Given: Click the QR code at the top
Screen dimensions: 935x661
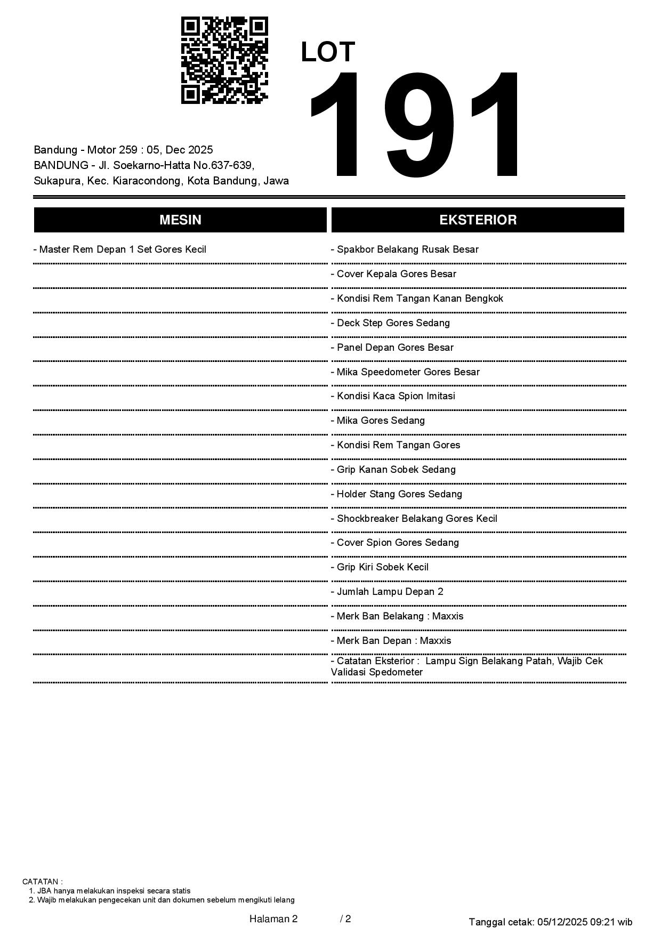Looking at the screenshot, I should click(x=224, y=60).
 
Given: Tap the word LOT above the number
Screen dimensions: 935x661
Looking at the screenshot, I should click(x=328, y=52).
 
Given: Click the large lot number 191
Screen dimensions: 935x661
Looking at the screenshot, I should click(x=415, y=126).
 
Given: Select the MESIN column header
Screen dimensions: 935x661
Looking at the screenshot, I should click(x=180, y=220).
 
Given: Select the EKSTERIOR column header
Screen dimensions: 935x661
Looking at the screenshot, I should click(x=478, y=220).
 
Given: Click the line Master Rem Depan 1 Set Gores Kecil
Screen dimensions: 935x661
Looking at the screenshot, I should click(x=122, y=249).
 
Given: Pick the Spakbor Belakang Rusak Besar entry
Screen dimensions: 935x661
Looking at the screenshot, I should click(x=407, y=249).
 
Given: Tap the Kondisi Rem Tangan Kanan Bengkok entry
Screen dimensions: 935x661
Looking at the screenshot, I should click(x=420, y=299).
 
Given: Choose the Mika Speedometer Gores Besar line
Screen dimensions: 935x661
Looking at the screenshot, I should click(x=408, y=372).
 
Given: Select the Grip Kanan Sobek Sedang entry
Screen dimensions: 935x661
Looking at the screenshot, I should click(x=396, y=470).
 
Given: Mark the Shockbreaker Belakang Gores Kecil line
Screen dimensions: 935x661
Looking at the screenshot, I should click(x=416, y=519).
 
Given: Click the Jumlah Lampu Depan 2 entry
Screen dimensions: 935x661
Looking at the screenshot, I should click(x=390, y=592).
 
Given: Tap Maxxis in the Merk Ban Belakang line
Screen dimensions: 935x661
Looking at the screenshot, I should click(x=448, y=616).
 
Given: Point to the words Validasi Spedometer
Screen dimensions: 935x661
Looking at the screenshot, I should click(x=377, y=672).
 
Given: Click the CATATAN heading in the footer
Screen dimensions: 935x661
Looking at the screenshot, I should click(x=42, y=882).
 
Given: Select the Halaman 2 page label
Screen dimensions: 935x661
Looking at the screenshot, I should click(x=273, y=918).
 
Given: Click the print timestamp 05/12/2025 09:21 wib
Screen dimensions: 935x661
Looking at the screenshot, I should click(x=585, y=922).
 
